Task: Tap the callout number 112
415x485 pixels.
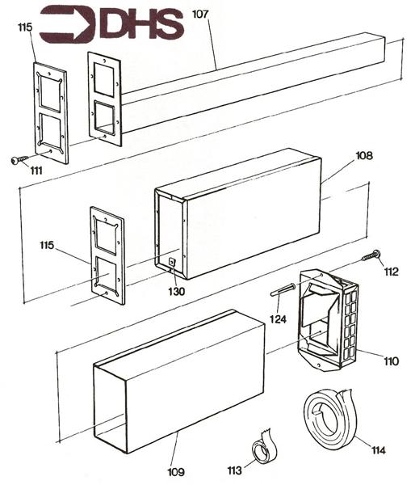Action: (x=392, y=272)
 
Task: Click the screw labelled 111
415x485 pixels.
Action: (x=19, y=160)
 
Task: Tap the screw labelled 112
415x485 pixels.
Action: (x=372, y=256)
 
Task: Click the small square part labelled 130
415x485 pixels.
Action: (x=174, y=262)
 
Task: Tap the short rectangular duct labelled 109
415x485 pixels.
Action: (x=178, y=380)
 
